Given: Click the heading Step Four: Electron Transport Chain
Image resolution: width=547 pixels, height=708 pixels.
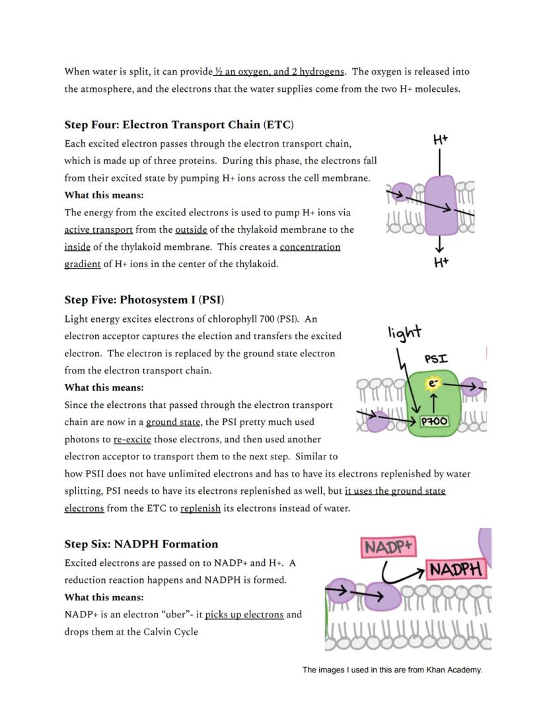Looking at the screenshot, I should tap(179, 125).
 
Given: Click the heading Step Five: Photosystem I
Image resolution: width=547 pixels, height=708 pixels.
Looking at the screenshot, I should tap(149, 300).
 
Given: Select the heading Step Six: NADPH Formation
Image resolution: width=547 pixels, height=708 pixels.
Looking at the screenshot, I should tap(141, 544).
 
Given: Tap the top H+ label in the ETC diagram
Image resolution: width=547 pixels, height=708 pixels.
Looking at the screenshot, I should tap(441, 139).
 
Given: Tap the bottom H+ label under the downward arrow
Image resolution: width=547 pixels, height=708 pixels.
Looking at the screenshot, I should tap(441, 263).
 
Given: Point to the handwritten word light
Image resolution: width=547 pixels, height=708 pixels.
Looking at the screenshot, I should tap(404, 332).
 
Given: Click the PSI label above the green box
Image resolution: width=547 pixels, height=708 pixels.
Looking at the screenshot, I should tap(435, 359).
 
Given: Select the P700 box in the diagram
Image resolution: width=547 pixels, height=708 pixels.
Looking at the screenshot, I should tap(435, 421).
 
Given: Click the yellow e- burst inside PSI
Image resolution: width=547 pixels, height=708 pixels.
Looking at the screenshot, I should tap(433, 384).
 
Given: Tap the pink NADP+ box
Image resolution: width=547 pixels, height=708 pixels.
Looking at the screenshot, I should tap(388, 547).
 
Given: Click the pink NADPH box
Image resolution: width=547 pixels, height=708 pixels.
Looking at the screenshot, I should tap(456, 569).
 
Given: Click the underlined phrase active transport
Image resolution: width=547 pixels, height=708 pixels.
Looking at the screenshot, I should tap(98, 230).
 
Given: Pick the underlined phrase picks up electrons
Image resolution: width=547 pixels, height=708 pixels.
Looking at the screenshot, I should tap(244, 615).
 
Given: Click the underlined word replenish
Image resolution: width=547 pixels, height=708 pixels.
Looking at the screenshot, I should tap(200, 508).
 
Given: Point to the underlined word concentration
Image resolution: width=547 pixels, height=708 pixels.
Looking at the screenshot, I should tap(310, 247).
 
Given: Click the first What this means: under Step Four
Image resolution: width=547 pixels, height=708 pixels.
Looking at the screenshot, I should tap(104, 195).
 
